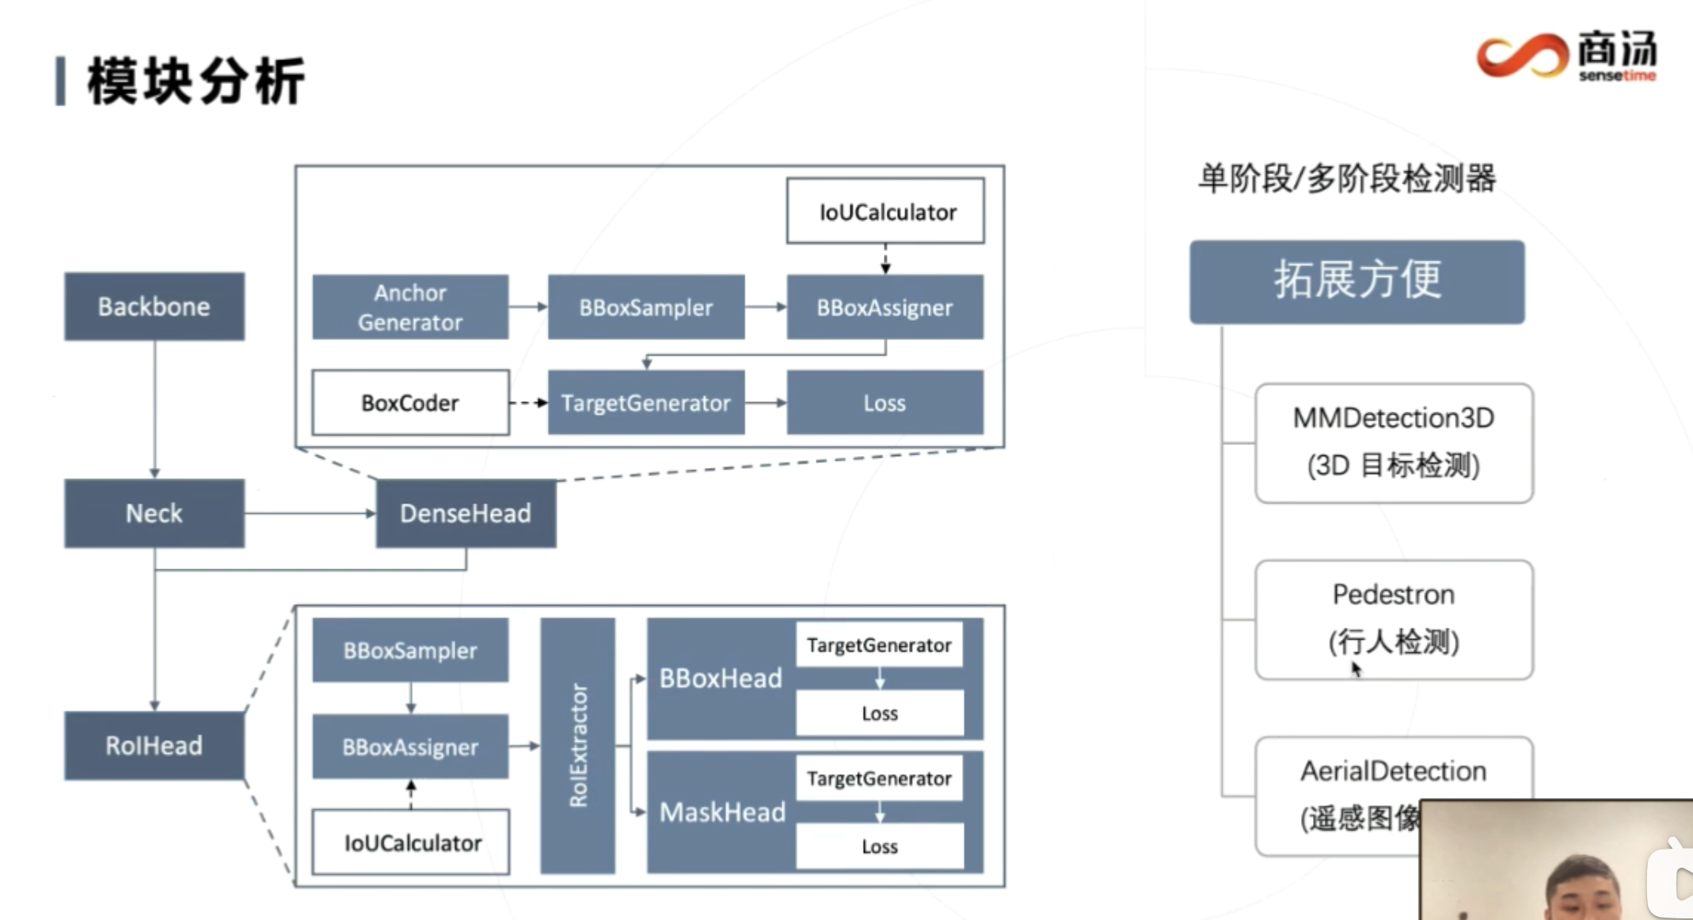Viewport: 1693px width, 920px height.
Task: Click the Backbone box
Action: (154, 306)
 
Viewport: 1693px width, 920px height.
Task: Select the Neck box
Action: (154, 513)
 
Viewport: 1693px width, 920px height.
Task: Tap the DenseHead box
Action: (466, 513)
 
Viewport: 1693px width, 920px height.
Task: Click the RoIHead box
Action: (154, 745)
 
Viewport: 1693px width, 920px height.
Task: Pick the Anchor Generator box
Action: (410, 307)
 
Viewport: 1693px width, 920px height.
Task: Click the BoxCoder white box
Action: (410, 402)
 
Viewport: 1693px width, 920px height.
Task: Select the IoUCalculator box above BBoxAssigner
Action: (885, 211)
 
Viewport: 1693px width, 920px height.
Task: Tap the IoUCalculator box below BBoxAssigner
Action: (410, 842)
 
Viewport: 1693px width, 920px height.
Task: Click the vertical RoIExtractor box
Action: (578, 745)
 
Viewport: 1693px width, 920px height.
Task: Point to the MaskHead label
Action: (722, 812)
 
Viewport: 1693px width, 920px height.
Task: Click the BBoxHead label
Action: (721, 679)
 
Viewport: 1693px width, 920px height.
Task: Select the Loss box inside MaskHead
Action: (880, 846)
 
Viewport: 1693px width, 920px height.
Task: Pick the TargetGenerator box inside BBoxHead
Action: (879, 645)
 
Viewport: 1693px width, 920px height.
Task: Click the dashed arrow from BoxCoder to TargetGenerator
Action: (528, 403)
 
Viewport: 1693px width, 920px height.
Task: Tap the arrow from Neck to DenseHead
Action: (309, 513)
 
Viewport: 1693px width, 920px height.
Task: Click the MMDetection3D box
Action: (1394, 442)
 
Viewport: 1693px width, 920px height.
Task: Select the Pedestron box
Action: (1394, 618)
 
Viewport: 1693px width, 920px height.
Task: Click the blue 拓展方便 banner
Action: (1356, 281)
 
